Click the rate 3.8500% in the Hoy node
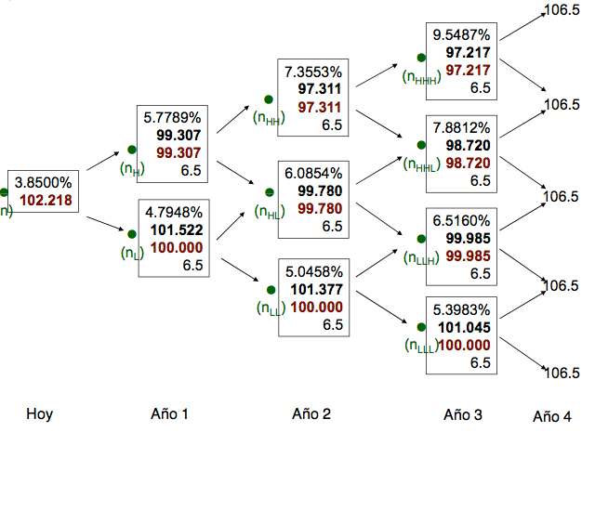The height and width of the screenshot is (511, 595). point(41,183)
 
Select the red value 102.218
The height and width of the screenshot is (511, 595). point(45,200)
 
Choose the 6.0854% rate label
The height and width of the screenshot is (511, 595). point(314,174)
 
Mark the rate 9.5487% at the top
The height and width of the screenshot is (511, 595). point(461,35)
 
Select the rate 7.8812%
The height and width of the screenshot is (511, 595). point(461,128)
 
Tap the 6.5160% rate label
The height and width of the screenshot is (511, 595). point(461,221)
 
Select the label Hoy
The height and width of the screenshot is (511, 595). point(39,414)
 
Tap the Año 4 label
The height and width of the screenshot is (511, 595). point(552,417)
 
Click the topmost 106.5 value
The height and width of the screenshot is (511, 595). point(562,10)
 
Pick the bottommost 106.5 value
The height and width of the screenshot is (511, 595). point(562,373)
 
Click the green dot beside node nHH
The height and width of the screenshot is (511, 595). point(268,99)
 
